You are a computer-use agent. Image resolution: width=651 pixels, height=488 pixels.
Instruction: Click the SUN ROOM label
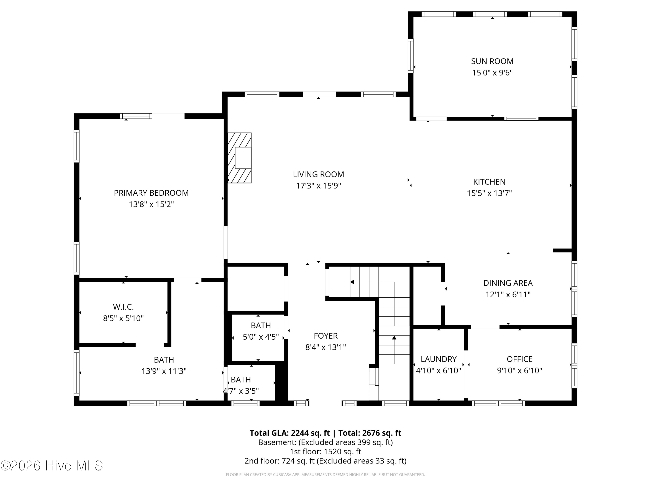tap(492, 61)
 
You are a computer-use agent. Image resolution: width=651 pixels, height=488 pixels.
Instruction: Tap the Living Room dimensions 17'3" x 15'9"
tap(318, 186)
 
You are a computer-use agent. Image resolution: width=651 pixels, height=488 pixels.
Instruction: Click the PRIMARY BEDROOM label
tap(151, 193)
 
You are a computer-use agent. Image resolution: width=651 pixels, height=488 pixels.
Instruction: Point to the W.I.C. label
tap(123, 307)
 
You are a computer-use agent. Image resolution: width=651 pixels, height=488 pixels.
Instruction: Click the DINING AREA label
tap(508, 283)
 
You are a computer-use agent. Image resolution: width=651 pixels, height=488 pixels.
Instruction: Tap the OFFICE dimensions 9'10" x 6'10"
tap(519, 371)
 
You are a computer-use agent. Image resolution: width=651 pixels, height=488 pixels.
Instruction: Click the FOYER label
tap(325, 336)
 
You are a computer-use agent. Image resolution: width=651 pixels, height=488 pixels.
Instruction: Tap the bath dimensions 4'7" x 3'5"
tap(241, 391)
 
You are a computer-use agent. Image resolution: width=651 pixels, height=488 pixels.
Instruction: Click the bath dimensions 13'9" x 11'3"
tap(164, 371)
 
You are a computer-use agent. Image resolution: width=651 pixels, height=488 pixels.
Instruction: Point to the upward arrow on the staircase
tap(394, 338)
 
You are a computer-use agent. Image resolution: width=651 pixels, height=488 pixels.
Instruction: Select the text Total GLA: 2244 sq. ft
tap(290, 433)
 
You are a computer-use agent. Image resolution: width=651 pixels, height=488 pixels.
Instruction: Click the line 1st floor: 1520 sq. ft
tap(325, 452)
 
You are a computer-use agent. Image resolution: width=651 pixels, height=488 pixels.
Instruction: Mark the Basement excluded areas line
tap(325, 442)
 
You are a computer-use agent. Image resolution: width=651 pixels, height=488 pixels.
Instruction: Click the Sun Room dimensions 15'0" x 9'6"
tap(492, 73)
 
